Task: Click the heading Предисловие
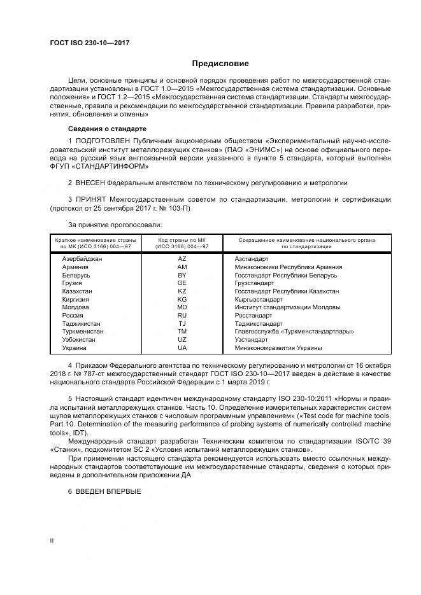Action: click(220, 64)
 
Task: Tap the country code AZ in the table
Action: click(182, 259)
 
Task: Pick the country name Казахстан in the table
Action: click(78, 291)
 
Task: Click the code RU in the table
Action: click(182, 315)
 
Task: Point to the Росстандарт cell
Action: click(253, 315)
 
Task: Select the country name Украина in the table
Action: click(75, 347)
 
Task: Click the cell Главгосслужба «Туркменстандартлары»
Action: click(294, 332)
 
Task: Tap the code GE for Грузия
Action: click(182, 283)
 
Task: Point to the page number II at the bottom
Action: click(52, 540)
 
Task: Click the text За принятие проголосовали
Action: click(115, 224)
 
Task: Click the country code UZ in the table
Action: click(182, 339)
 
